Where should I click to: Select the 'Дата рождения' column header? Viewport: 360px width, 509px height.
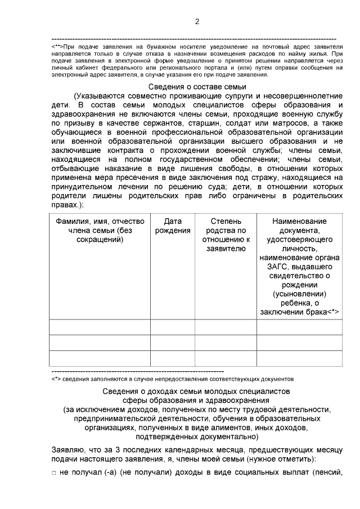[x=172, y=226]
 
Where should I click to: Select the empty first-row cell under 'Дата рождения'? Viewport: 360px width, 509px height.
[x=172, y=327]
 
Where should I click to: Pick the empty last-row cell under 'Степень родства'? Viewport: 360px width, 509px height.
[x=226, y=358]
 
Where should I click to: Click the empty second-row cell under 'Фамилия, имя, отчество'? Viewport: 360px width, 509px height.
[x=100, y=343]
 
